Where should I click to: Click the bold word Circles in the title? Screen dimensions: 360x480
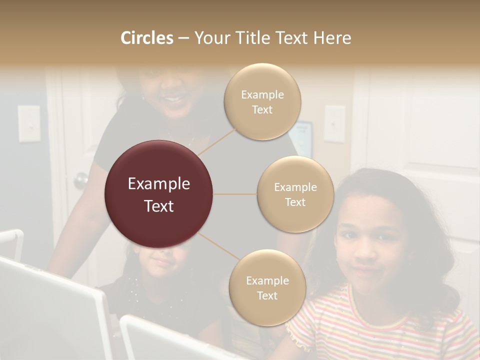[146, 38]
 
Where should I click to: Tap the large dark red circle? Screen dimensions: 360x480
[158, 194]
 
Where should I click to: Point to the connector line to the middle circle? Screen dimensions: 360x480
[234, 194]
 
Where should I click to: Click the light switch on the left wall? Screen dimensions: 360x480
[29, 123]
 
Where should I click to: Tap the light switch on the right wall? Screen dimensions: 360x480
[334, 123]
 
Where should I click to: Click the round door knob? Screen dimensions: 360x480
[80, 180]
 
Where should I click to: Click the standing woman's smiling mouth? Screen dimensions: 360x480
[173, 99]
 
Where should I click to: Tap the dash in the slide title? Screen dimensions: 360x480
[183, 38]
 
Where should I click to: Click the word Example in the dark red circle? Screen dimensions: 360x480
[158, 184]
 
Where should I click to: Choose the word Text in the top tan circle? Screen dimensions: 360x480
[262, 110]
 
